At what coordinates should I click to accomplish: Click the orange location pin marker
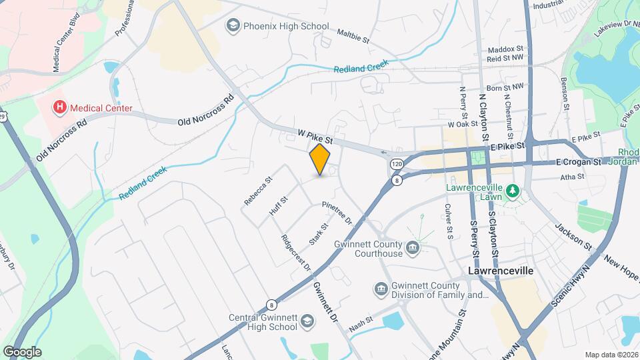click(320, 159)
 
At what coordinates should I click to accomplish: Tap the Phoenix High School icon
click(233, 26)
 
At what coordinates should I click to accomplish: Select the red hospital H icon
click(60, 107)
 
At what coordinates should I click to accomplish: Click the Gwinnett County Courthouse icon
click(413, 249)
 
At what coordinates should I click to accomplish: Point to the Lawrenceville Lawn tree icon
click(512, 192)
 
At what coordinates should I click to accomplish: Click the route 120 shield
click(397, 163)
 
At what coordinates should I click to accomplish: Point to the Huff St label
click(278, 205)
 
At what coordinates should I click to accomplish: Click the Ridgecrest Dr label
click(296, 252)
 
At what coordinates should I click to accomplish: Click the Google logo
click(22, 351)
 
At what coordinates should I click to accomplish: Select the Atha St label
click(572, 177)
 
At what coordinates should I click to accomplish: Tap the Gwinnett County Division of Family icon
click(381, 289)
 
